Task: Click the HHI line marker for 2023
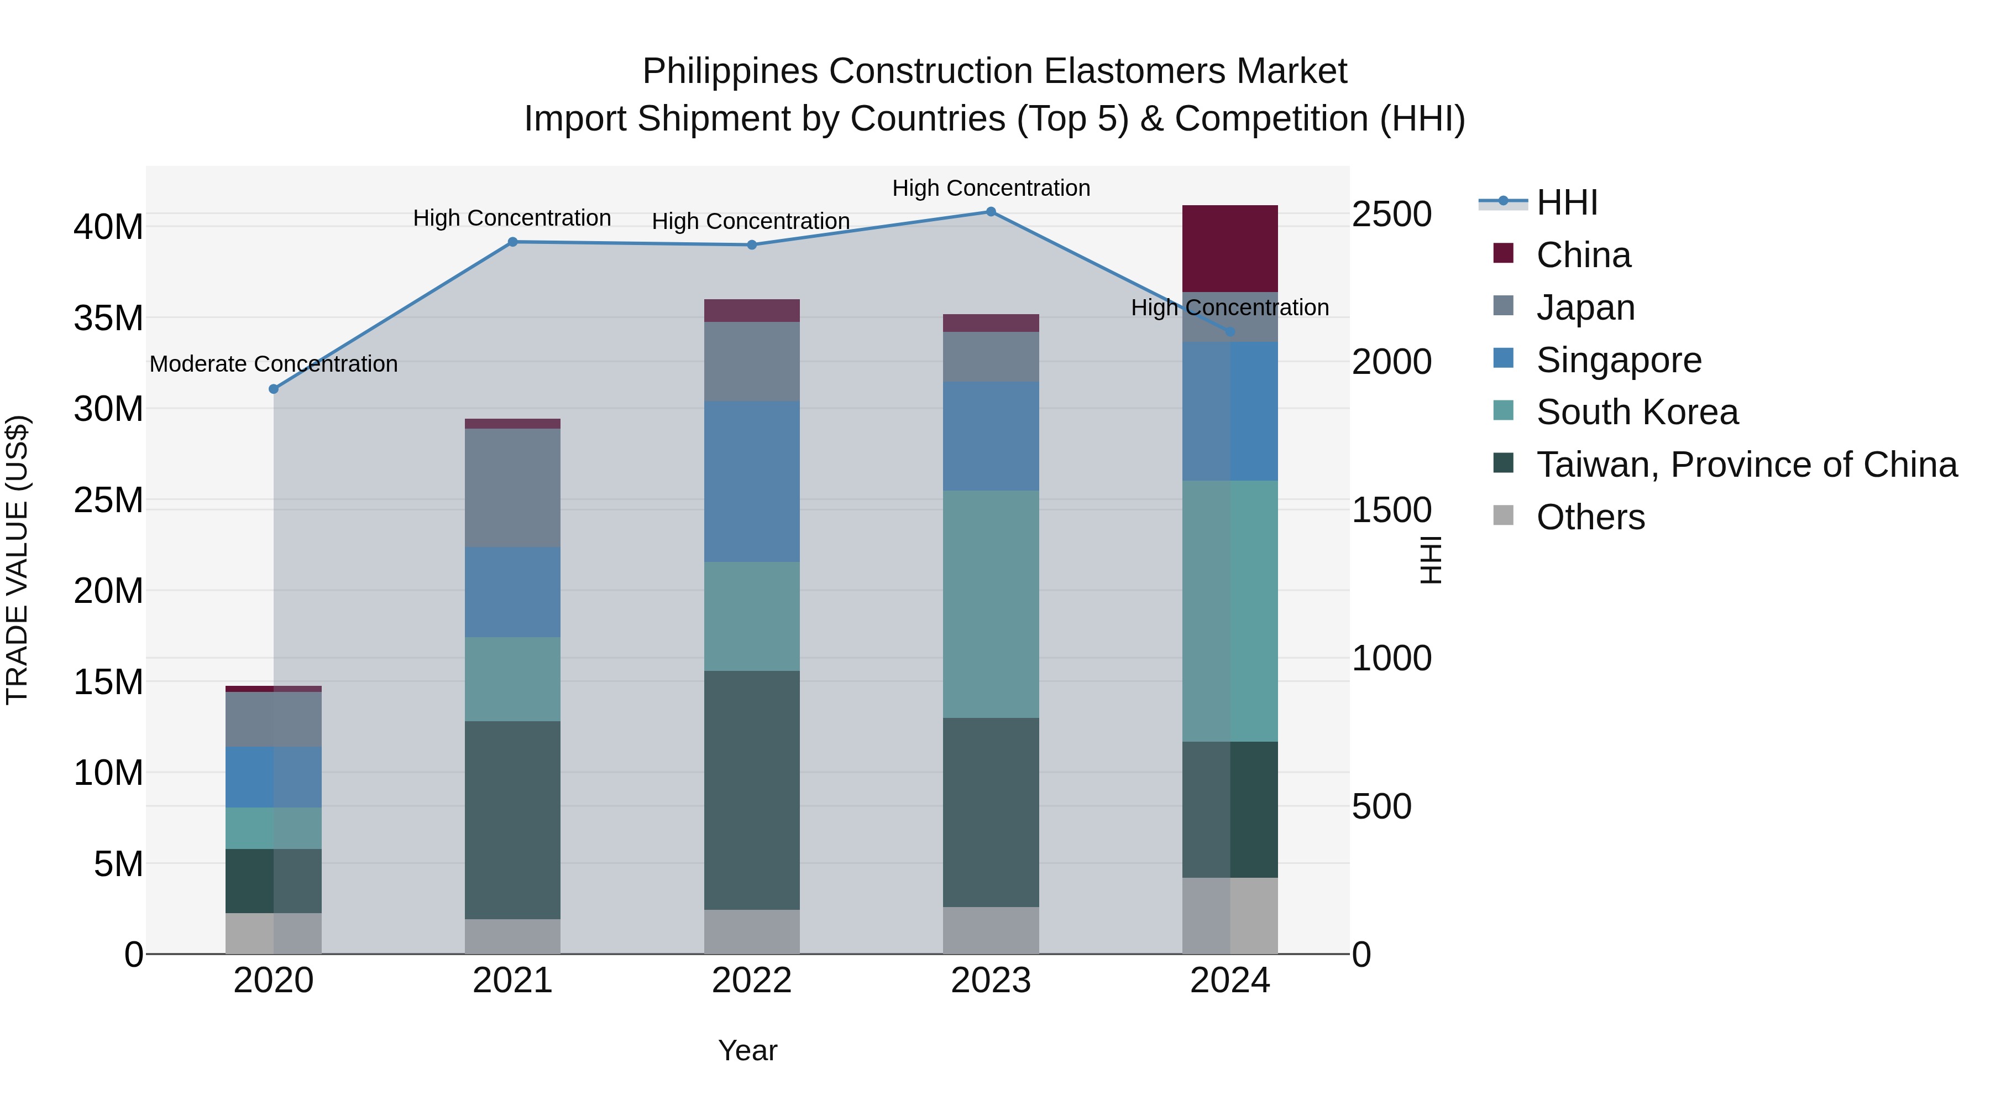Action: pyautogui.click(x=991, y=212)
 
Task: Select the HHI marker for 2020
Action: pyautogui.click(x=274, y=389)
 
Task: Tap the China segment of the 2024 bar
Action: pyautogui.click(x=1230, y=248)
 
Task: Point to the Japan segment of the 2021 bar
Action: pyautogui.click(x=512, y=488)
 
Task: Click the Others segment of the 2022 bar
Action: pyautogui.click(x=752, y=931)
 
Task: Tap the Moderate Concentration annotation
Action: pyautogui.click(x=274, y=364)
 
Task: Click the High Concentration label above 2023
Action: pyautogui.click(x=991, y=189)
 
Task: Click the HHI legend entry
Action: pyautogui.click(x=1566, y=202)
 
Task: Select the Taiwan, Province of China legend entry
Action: pyautogui.click(x=1746, y=465)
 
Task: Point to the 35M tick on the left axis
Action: pyautogui.click(x=108, y=319)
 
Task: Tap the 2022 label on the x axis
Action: pyautogui.click(x=752, y=981)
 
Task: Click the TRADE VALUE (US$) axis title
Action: pyautogui.click(x=17, y=560)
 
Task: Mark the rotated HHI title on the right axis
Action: pyautogui.click(x=1431, y=560)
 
